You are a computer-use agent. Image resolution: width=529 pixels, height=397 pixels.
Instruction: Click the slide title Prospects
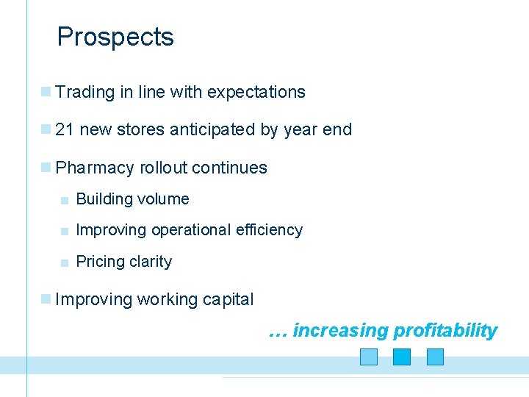coord(115,37)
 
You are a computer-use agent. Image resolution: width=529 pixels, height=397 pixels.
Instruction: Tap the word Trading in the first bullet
coord(85,93)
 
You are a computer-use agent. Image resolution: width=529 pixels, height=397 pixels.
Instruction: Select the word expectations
coord(256,93)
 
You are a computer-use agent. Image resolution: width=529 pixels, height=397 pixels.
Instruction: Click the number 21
coord(65,130)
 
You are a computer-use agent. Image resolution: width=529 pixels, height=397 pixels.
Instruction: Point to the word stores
coord(142,130)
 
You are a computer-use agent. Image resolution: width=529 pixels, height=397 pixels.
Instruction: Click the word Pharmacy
coord(95,168)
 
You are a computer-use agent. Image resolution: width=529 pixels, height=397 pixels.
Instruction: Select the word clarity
coord(150,262)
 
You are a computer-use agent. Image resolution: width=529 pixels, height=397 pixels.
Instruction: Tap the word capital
coord(228,300)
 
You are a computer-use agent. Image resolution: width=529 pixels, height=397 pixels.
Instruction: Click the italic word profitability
coord(445,331)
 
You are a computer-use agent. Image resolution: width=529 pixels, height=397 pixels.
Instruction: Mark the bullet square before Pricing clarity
coord(65,262)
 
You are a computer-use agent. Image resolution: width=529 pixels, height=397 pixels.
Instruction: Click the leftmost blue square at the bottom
coord(369,357)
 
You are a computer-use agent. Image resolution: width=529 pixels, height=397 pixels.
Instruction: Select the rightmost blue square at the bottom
coord(436,357)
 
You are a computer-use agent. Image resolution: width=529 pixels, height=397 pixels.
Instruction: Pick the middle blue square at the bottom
coord(402,357)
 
